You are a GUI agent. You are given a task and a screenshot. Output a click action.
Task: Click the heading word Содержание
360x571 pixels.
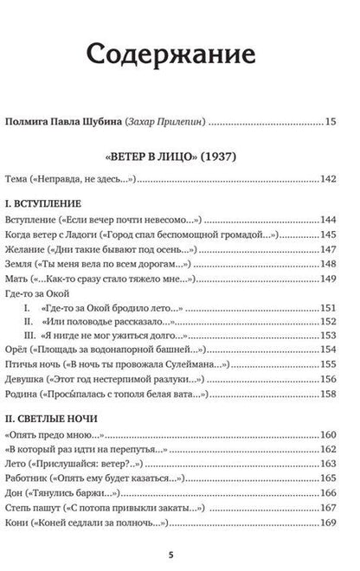[179, 56]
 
